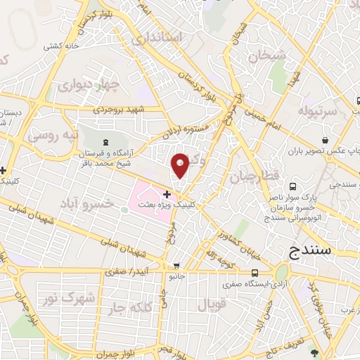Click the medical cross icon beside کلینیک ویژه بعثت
click(167, 194)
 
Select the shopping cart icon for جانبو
click(176, 266)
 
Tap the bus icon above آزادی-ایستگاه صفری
click(254, 273)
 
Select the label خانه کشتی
click(59, 47)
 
